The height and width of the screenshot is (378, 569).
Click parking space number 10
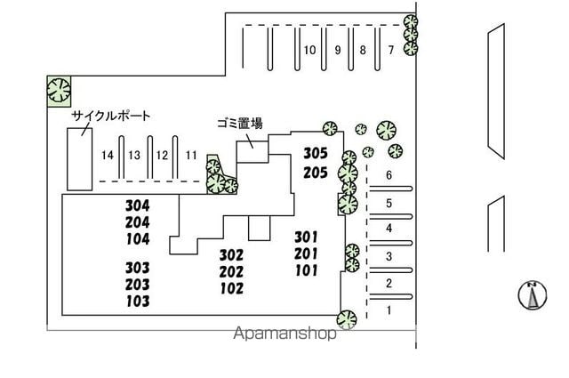[x=309, y=50]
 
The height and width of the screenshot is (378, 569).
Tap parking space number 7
[x=391, y=50]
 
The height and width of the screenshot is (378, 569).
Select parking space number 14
[x=108, y=156]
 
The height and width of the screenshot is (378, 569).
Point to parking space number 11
[x=191, y=156]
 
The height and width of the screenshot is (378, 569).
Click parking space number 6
[x=389, y=175]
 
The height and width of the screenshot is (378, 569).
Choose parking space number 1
[x=389, y=310]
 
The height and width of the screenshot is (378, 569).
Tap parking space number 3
[x=389, y=257]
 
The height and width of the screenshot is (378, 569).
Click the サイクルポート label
[x=110, y=116]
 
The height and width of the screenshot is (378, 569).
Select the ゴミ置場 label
[x=240, y=124]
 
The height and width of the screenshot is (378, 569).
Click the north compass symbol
[x=533, y=295]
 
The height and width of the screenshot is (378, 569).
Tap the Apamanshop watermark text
[x=284, y=334]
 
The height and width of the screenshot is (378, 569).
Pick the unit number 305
[x=316, y=153]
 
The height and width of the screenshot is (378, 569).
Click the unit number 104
[x=138, y=239]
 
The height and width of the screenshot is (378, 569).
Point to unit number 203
[x=138, y=285]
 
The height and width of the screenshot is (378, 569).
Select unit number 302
[x=231, y=255]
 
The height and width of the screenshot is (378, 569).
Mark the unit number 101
[x=307, y=270]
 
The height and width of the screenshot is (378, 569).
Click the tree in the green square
[x=59, y=91]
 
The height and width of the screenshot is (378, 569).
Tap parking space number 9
[x=338, y=50]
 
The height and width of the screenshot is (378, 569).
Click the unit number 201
[x=306, y=253]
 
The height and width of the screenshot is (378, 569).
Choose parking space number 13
[x=134, y=156]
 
